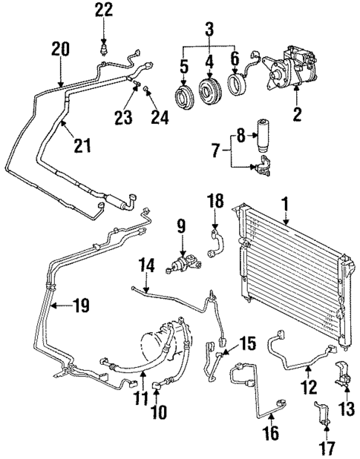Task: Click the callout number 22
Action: click(x=105, y=10)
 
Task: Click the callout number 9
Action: click(x=181, y=225)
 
